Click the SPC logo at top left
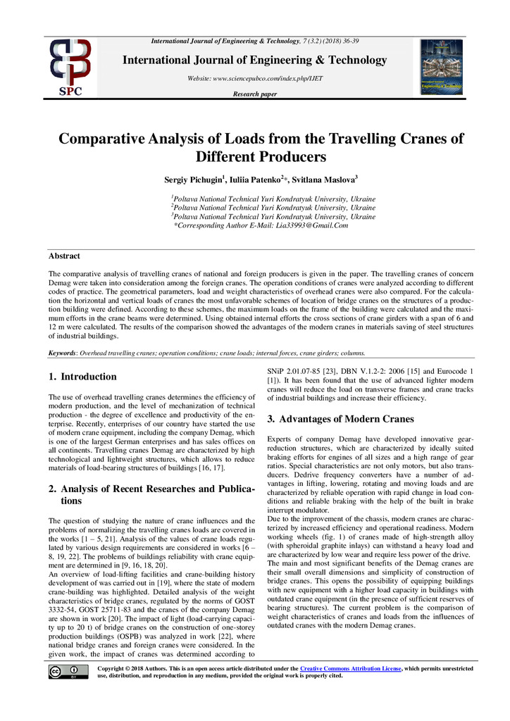[69, 68]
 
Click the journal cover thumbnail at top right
[441, 67]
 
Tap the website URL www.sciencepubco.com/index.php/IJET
[254, 78]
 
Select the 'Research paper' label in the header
[254, 94]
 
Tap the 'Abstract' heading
[64, 256]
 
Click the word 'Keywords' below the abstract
[62, 353]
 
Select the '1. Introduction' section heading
[82, 377]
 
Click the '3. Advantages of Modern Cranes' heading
[340, 420]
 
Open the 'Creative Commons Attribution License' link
[350, 667]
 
